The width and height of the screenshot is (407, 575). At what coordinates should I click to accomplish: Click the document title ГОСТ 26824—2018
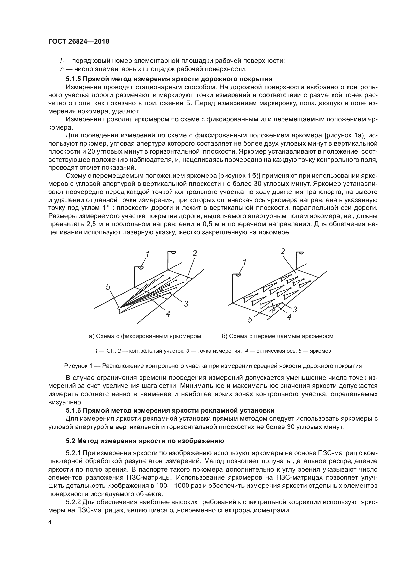[x=79, y=41]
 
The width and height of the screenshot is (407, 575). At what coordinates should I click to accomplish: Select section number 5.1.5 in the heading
[x=73, y=79]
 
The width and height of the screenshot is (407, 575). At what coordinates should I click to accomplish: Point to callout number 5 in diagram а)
[x=108, y=287]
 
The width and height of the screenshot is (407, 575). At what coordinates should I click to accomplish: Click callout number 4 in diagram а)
[x=168, y=314]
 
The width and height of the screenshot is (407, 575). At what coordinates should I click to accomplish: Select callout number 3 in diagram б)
[x=295, y=310]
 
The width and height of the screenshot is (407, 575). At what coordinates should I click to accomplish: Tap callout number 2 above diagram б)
[x=283, y=252]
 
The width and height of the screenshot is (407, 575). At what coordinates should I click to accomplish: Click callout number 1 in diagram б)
[x=244, y=262]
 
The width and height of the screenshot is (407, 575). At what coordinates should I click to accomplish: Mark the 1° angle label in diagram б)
[x=273, y=311]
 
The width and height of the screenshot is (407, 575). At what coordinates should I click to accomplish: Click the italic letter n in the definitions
[x=62, y=69]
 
